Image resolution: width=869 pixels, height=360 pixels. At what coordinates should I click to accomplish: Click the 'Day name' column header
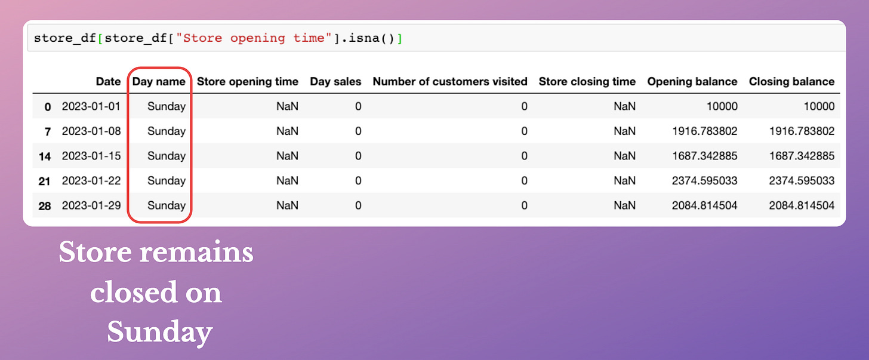pos(159,81)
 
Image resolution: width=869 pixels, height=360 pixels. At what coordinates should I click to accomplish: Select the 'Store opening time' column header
pos(248,81)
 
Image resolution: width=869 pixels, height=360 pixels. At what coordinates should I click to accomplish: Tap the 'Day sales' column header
pos(335,81)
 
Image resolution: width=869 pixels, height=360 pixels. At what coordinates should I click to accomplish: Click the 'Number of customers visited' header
pos(450,81)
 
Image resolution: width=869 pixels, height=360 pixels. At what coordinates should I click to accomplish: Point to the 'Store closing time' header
pos(587,81)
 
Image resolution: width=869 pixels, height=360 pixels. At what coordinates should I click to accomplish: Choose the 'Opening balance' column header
pos(692,81)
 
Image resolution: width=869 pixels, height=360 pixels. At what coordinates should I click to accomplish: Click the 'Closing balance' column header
pos(791,81)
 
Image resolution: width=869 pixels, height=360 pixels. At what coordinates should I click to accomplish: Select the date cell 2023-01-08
pos(91,131)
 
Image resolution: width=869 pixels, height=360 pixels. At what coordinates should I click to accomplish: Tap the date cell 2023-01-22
pos(91,181)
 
